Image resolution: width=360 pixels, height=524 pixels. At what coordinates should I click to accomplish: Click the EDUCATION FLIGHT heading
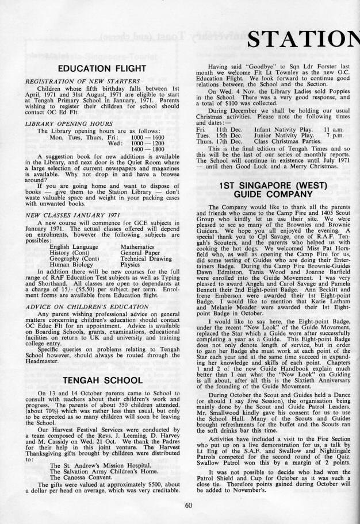[x=97, y=70]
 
